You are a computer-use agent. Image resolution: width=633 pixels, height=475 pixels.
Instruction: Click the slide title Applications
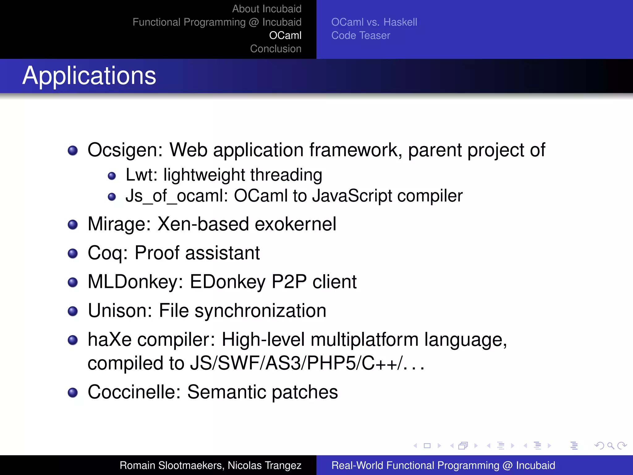[89, 76]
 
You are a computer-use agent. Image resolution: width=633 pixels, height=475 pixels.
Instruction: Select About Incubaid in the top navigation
[266, 9]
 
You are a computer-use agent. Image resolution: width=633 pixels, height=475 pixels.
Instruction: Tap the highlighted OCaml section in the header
[285, 35]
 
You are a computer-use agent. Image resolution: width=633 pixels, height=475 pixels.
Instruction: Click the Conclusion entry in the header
[275, 49]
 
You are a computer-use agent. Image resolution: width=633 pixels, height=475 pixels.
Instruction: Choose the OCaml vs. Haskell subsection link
[374, 22]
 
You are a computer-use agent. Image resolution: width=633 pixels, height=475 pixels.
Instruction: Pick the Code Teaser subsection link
[360, 35]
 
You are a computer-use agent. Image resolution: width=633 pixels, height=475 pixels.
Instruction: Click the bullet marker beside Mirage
[73, 225]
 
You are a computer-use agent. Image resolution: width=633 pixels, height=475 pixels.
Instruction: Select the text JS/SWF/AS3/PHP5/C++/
[297, 363]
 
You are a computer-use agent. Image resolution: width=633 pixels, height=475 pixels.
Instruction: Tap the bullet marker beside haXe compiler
[73, 340]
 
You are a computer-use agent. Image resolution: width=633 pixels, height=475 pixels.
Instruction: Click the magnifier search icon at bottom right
[610, 446]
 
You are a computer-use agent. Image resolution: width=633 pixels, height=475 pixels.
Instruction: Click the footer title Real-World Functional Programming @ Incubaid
[443, 465]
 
